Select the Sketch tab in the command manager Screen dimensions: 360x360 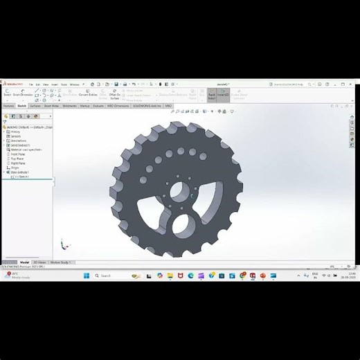(x=22, y=106)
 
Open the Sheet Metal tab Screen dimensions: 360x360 (x=52, y=106)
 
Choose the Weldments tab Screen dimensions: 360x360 (x=70, y=106)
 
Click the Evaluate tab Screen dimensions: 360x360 (x=99, y=106)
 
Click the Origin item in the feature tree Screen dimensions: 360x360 (x=14, y=167)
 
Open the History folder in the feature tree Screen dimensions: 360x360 (x=15, y=132)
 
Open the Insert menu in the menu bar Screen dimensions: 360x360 (x=54, y=84)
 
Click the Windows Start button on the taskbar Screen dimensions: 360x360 (x=87, y=276)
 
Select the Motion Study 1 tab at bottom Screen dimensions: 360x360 (x=60, y=262)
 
